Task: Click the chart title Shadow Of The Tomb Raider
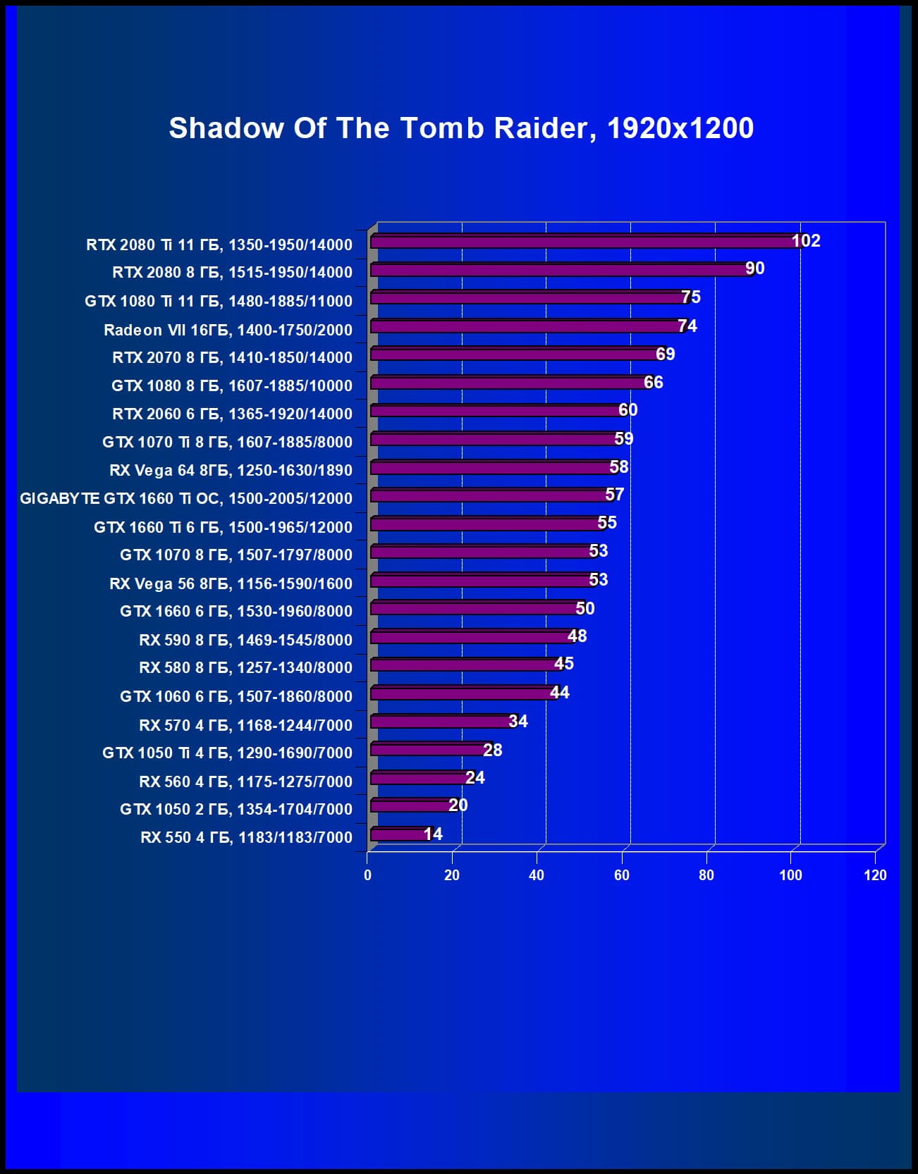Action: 461,128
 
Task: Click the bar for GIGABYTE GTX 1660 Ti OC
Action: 489,496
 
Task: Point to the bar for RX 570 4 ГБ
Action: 441,722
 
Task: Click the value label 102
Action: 806,241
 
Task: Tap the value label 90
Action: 755,268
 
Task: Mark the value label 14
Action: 433,834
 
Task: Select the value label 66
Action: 654,382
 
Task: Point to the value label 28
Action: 493,750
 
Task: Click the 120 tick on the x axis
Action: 875,875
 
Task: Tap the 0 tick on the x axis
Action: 367,875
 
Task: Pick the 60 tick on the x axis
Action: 621,875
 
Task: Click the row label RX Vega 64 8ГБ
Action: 231,470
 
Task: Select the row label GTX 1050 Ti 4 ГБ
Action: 227,753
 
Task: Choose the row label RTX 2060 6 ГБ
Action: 232,414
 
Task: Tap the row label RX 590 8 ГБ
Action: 245,640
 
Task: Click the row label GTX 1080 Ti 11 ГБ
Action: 219,301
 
